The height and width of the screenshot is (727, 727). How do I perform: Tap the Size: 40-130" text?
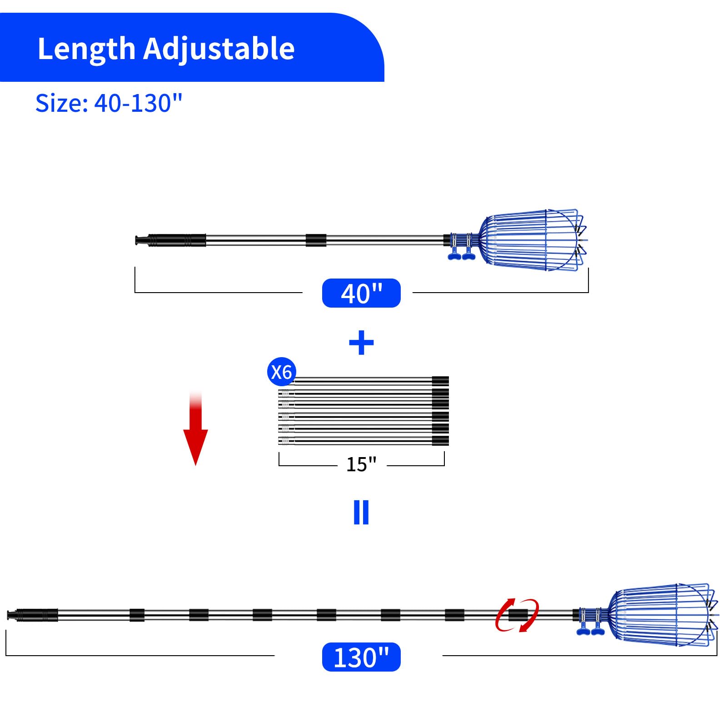click(x=109, y=103)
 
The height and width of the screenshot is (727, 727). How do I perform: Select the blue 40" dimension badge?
click(x=361, y=293)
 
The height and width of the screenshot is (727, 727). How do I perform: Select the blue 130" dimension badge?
click(x=361, y=657)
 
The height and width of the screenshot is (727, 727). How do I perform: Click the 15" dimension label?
click(x=361, y=464)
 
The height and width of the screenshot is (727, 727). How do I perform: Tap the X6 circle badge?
click(x=282, y=372)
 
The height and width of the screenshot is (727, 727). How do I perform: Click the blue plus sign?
click(x=361, y=343)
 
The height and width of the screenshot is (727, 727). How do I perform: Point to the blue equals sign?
click(x=361, y=513)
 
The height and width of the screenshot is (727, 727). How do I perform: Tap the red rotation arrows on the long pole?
click(x=517, y=615)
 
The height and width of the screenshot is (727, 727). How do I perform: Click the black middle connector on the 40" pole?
click(x=316, y=240)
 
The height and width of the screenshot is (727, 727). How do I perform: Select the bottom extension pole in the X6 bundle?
click(x=363, y=440)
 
